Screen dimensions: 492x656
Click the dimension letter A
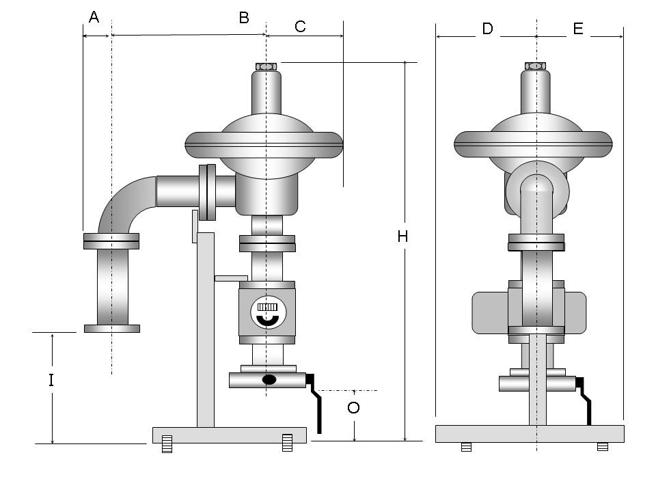coord(94,17)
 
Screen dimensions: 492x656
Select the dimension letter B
coord(244,18)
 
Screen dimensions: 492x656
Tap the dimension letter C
coord(300,27)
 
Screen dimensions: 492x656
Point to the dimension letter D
coord(487,29)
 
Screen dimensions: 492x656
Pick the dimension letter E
coord(578,29)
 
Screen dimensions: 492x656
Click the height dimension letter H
coord(403,236)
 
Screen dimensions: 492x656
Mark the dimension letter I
coord(51,380)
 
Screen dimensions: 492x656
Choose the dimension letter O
coord(353,408)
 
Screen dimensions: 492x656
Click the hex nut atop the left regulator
coord(265,66)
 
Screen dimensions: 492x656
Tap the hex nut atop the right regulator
coord(536,66)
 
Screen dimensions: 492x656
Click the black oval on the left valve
coord(270,379)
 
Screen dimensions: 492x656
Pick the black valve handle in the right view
coord(586,402)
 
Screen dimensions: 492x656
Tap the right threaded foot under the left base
coord(287,443)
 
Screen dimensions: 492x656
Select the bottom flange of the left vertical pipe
coord(112,329)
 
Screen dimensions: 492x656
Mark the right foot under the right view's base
coord(602,447)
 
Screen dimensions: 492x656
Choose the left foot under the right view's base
coord(466,447)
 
